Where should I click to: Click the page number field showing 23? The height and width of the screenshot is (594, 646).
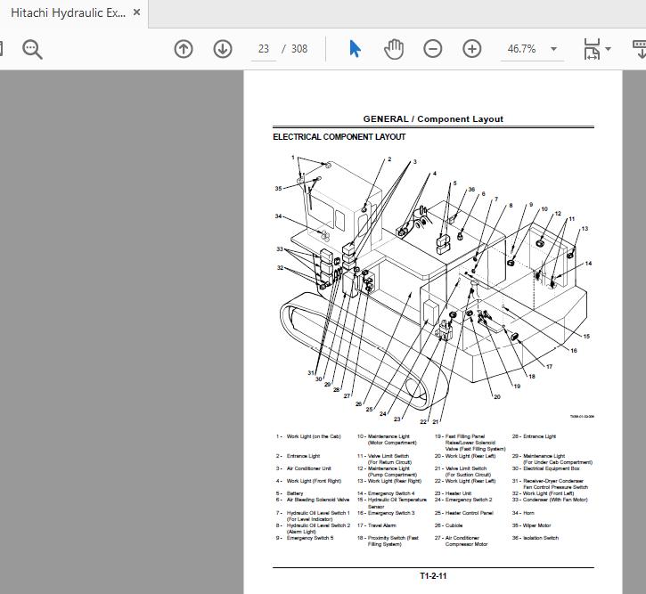pyautogui.click(x=264, y=49)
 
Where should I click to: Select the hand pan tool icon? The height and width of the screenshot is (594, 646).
pyautogui.click(x=394, y=49)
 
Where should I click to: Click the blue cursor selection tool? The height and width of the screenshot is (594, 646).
pyautogui.click(x=355, y=49)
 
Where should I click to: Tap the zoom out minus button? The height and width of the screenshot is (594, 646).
pyautogui.click(x=433, y=49)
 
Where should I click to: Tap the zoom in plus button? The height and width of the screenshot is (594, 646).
pyautogui.click(x=472, y=49)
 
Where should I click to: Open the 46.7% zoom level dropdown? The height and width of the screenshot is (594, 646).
pyautogui.click(x=553, y=49)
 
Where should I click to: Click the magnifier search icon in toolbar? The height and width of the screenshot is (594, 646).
pyautogui.click(x=33, y=49)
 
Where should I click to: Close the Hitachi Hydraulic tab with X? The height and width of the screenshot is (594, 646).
pyautogui.click(x=136, y=12)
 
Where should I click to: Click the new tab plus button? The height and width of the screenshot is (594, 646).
pyautogui.click(x=168, y=12)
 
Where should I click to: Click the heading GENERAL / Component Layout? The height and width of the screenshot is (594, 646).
pyautogui.click(x=433, y=118)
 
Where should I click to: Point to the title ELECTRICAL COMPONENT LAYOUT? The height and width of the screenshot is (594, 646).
pyautogui.click(x=339, y=137)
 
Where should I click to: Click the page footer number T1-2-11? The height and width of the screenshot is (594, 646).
pyautogui.click(x=433, y=575)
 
